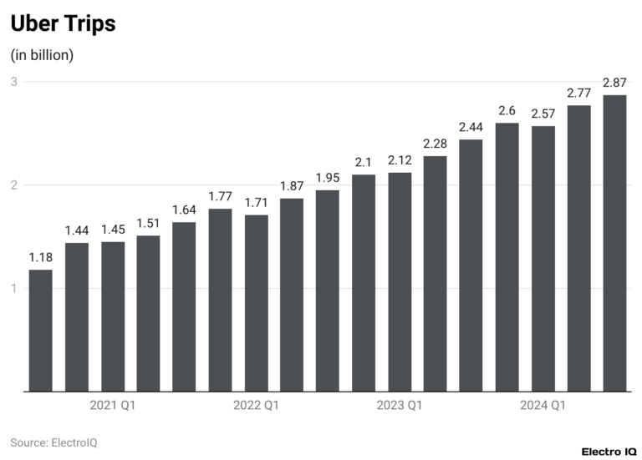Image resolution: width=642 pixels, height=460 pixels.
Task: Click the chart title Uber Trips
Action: (63, 24)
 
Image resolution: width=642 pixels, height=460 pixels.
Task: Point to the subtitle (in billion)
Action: (42, 55)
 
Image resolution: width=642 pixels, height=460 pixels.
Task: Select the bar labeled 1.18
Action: (41, 330)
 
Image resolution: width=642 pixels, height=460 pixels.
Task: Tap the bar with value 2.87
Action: (614, 242)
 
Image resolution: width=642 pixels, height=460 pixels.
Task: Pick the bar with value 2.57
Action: (543, 258)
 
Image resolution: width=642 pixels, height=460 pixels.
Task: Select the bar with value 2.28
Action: (435, 273)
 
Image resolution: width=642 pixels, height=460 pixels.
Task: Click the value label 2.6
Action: (507, 110)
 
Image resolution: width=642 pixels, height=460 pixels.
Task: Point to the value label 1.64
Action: (184, 210)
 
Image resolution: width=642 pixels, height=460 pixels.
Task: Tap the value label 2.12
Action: (400, 160)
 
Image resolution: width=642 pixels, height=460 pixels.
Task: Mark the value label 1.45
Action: (113, 230)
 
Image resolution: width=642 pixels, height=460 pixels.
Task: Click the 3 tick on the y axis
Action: (14, 82)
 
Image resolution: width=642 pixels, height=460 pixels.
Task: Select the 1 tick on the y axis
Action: (14, 288)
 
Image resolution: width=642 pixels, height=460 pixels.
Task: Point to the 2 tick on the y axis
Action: (14, 185)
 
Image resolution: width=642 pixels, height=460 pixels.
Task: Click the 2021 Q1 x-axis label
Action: (113, 406)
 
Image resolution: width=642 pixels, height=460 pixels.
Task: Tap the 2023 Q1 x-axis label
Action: (400, 406)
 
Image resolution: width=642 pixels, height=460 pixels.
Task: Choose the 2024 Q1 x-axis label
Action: (543, 406)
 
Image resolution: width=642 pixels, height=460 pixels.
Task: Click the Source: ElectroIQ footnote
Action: (53, 442)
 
